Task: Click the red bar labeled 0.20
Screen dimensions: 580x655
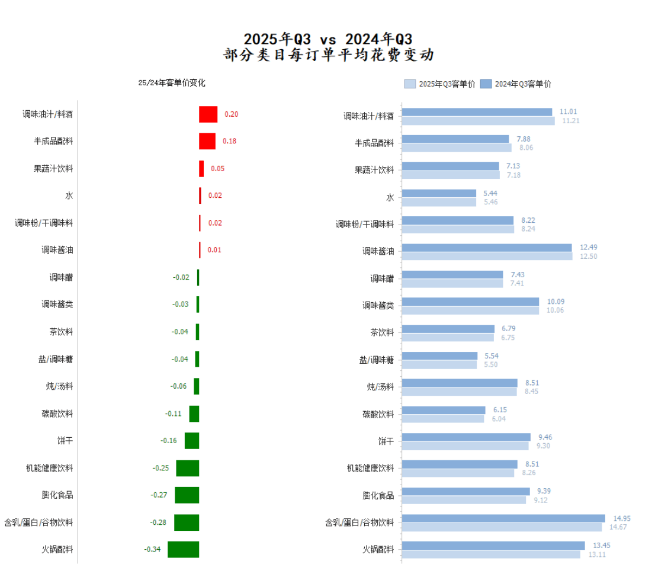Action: click(x=208, y=114)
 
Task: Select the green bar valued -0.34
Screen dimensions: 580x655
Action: click(x=183, y=549)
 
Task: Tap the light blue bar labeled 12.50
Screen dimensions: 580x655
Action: click(x=487, y=257)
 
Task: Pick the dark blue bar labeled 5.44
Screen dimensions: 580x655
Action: click(x=439, y=193)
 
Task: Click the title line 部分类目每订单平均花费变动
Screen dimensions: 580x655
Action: click(x=329, y=56)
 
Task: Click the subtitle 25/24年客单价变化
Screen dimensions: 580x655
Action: click(x=172, y=83)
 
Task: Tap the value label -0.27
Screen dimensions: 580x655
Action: click(x=159, y=495)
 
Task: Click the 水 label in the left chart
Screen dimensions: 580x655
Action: click(x=69, y=196)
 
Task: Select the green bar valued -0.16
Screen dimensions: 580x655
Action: click(x=192, y=441)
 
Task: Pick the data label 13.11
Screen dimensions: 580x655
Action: click(x=596, y=555)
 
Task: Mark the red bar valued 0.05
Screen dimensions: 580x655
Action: click(x=201, y=169)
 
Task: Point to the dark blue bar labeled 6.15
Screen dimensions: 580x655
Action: click(x=443, y=410)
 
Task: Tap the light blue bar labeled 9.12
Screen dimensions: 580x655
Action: click(x=464, y=500)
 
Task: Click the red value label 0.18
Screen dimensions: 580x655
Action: click(x=229, y=141)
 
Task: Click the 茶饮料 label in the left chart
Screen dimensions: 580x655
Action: click(x=62, y=332)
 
